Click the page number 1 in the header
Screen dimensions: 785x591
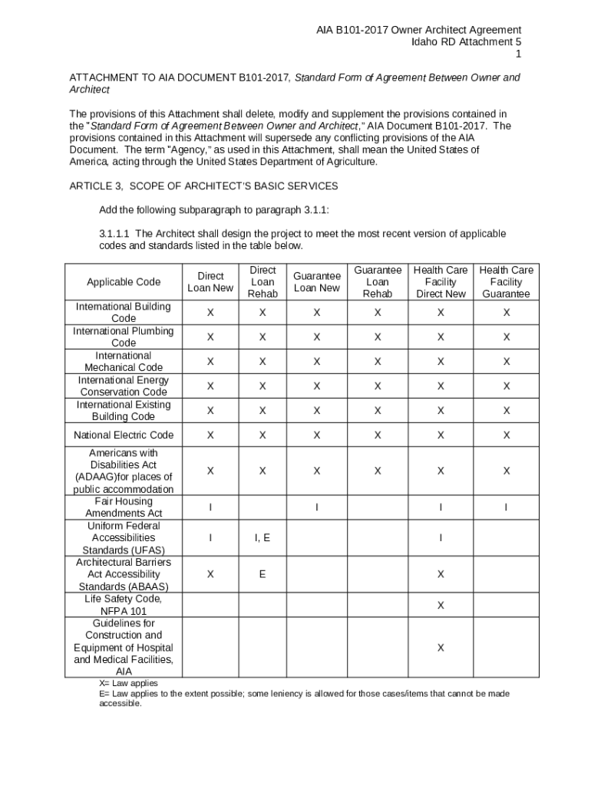point(518,54)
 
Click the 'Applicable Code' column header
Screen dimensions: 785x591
point(123,282)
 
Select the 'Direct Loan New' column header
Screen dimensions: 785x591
point(210,282)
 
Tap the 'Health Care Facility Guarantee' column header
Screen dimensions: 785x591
point(506,282)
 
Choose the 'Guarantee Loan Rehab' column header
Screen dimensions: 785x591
point(377,282)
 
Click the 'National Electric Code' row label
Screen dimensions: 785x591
point(123,435)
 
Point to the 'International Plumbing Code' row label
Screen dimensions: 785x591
point(123,337)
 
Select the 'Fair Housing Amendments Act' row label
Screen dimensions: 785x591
point(123,507)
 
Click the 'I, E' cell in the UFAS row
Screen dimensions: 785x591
point(262,538)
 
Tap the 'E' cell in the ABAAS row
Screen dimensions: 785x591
point(262,574)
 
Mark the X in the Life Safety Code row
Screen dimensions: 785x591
point(441,606)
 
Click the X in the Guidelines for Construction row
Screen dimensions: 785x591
point(441,648)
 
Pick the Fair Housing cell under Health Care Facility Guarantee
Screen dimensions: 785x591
point(506,507)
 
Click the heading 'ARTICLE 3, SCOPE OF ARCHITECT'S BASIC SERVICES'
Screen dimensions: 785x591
point(203,186)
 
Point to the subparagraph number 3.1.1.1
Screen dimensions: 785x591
point(115,234)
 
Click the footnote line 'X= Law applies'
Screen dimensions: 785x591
point(128,683)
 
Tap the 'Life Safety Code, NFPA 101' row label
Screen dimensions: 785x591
point(123,605)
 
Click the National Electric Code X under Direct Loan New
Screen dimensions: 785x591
point(210,435)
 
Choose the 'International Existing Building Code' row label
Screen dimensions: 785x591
point(123,411)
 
